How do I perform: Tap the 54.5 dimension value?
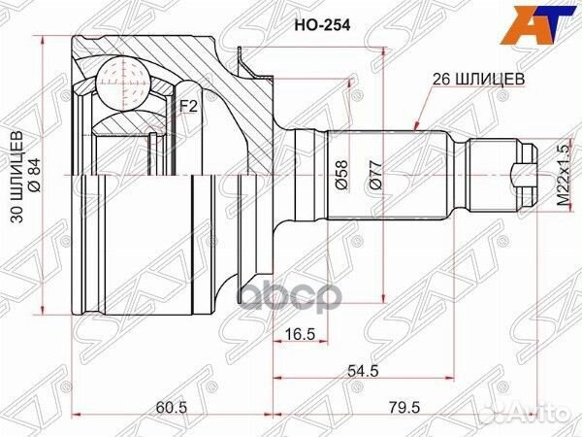[x=366, y=370]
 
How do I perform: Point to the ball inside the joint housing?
[x=123, y=77]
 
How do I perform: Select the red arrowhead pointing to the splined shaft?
[x=414, y=125]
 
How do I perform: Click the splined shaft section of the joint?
[x=388, y=176]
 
